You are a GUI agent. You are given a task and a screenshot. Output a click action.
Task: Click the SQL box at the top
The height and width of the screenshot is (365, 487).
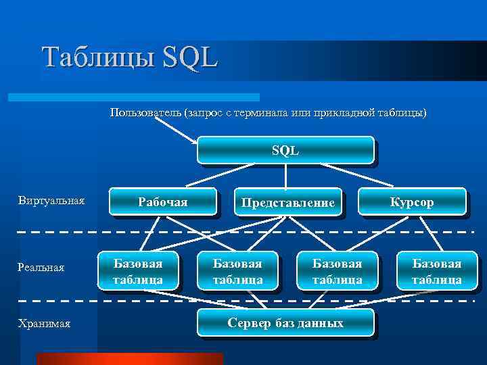click(285, 150)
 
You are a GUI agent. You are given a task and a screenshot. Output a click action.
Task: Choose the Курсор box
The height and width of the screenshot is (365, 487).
click(412, 201)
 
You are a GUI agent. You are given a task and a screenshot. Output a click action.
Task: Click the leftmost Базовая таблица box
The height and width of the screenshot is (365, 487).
click(138, 270)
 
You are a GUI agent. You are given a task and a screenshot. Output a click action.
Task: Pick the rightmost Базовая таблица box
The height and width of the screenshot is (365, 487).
click(437, 270)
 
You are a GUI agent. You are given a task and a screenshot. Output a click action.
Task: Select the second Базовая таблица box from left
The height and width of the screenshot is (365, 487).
click(237, 270)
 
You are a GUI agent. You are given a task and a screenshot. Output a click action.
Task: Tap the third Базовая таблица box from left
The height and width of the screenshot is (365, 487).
click(337, 270)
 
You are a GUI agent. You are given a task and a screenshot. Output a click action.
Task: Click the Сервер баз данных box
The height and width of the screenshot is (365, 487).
click(285, 322)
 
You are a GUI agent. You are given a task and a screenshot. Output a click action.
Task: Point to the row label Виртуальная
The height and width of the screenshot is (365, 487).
click(51, 201)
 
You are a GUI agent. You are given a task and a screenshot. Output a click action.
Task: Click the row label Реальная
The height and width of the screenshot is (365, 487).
click(41, 268)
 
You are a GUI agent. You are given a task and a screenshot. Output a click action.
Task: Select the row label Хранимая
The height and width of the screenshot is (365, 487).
click(45, 324)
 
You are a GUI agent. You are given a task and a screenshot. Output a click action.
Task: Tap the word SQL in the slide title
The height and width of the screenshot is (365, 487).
click(190, 57)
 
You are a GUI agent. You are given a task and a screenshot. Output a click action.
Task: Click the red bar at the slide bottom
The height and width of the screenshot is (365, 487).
click(129, 359)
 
